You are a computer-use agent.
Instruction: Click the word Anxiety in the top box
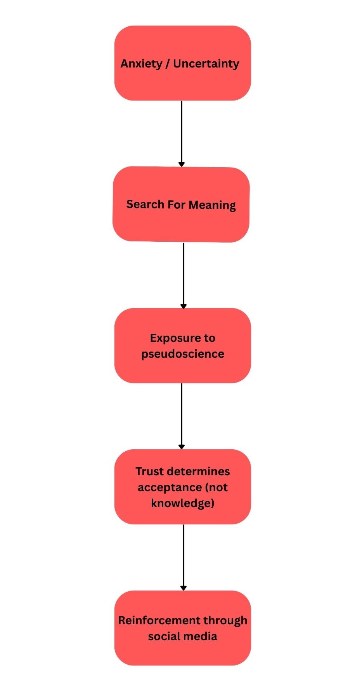pyautogui.click(x=141, y=64)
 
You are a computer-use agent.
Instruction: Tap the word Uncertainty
pyautogui.click(x=206, y=64)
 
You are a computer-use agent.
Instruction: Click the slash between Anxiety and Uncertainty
pyautogui.click(x=168, y=64)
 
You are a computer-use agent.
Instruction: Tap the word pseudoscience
pyautogui.click(x=183, y=354)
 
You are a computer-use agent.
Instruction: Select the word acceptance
pyautogui.click(x=170, y=487)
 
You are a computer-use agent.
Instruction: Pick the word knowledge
pyautogui.click(x=182, y=503)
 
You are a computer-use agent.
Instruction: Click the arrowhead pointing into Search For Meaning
pyautogui.click(x=182, y=164)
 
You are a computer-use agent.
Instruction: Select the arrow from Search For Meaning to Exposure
pyautogui.click(x=183, y=275)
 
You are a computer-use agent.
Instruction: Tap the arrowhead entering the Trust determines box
pyautogui.click(x=182, y=447)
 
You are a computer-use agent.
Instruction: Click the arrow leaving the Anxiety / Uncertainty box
pyautogui.click(x=182, y=132)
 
